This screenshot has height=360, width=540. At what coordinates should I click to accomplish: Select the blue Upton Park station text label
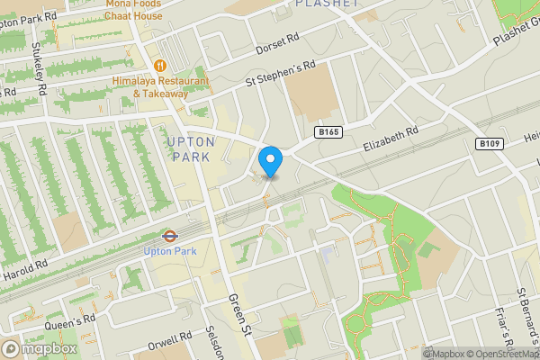pos(168,252)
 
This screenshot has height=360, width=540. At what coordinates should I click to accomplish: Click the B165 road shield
pos(328,132)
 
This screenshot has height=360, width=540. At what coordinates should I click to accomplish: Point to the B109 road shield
pos(489,143)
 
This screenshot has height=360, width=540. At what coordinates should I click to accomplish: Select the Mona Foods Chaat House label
pos(134,10)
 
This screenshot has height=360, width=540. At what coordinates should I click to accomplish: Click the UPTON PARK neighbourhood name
pos(191,149)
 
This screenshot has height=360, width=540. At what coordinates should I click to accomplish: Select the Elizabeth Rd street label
pos(391,139)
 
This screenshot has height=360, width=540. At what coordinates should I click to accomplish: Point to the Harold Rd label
pos(24,269)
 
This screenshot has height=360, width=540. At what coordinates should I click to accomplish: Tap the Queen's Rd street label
pos(75,319)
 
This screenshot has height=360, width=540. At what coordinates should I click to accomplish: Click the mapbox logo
pos(40,348)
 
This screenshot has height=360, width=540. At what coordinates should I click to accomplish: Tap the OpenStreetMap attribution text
pos(496,354)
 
